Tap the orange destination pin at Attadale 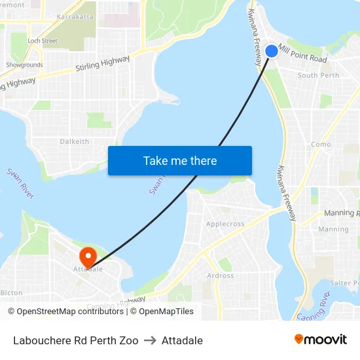point(87,255)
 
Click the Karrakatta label point(75,16)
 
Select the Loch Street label point(43,41)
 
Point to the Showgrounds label point(24,65)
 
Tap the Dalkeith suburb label point(74,141)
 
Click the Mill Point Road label point(302,54)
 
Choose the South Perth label point(318,75)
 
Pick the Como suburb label point(321,144)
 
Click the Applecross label point(225,224)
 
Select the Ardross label point(221,276)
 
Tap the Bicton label point(11,293)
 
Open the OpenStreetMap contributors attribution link point(70,312)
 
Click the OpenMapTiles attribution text point(166,312)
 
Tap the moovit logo point(321,339)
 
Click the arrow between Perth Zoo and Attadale point(150,340)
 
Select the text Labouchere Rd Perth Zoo point(75,340)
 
